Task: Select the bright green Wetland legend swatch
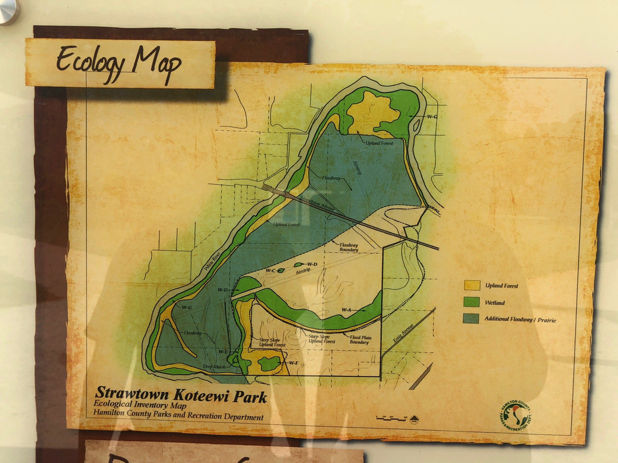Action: pos(472,302)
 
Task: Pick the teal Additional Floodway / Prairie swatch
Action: pos(472,319)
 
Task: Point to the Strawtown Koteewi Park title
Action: pos(180,394)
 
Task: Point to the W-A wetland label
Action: pos(346,310)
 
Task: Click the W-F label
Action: pos(293,363)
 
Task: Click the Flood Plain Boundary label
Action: pos(360,340)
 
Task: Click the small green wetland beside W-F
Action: pos(268,363)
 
